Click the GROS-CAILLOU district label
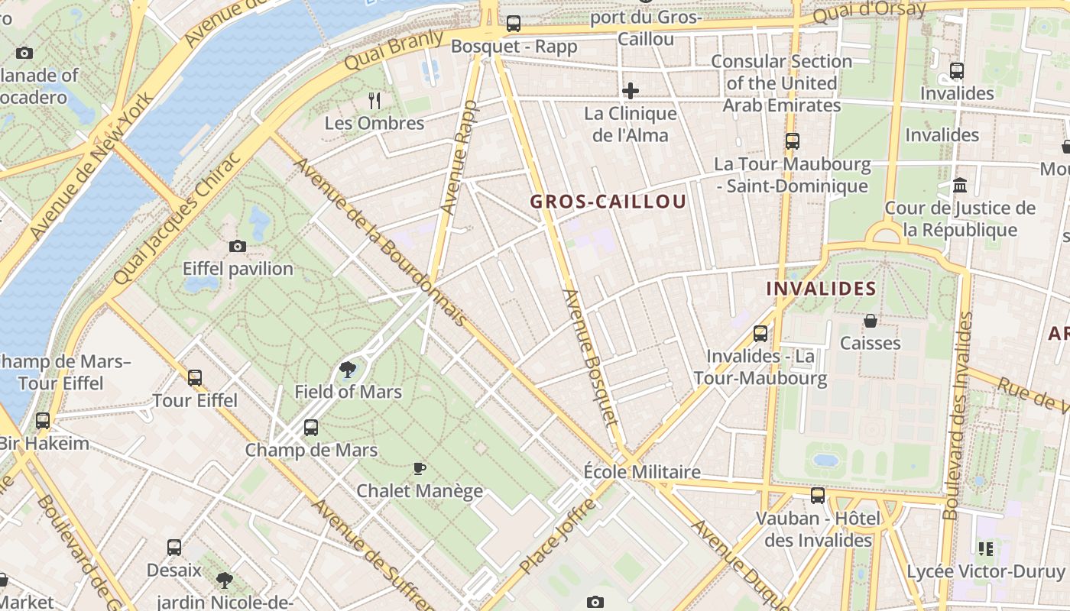pos(608,202)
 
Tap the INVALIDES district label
pos(821,289)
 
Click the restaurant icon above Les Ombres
pos(374,100)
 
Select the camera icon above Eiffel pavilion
pos(238,246)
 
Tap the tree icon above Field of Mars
pos(348,370)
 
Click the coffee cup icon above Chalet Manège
pos(419,468)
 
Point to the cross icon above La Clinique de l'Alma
pos(631,91)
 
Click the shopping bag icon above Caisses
pos(870,321)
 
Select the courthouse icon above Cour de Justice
pos(960,186)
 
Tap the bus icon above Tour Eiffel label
pos(195,377)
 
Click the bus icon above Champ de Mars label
pos(311,428)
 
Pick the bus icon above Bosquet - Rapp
pos(514,24)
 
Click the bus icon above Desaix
pos(174,548)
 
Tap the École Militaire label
pos(642,472)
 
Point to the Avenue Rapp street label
pos(459,157)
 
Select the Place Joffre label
pos(558,535)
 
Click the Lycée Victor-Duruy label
pos(985,571)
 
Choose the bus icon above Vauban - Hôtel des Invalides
pos(818,496)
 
